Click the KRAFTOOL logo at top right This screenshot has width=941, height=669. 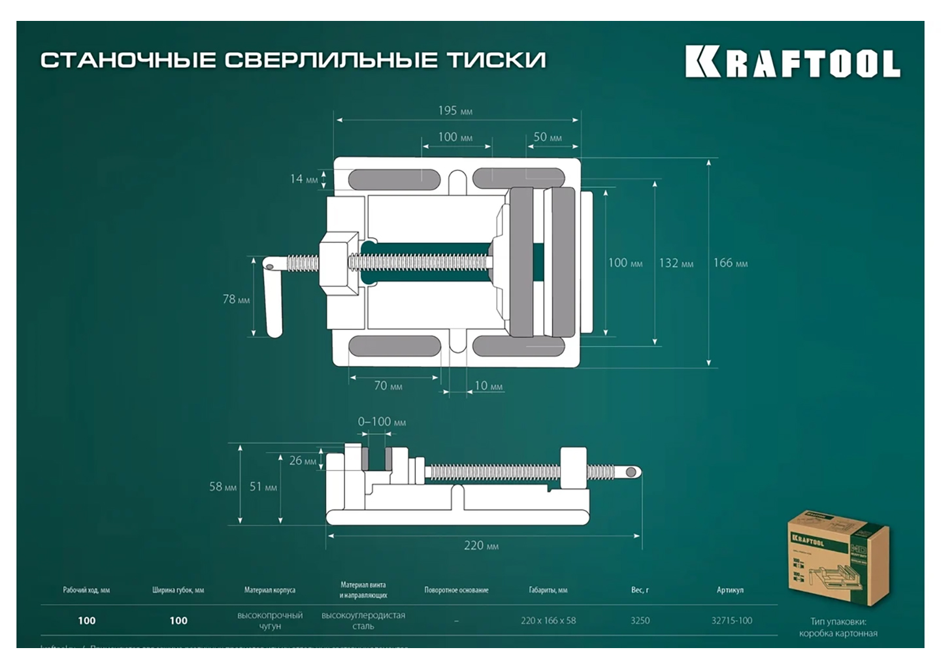click(x=792, y=63)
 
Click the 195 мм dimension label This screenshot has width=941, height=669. click(x=455, y=111)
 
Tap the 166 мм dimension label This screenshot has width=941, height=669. click(x=730, y=263)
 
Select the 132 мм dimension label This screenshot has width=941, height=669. click(x=676, y=263)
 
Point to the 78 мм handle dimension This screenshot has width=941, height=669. click(x=236, y=299)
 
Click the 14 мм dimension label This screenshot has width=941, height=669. click(x=304, y=178)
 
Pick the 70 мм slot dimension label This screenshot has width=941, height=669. click(x=388, y=386)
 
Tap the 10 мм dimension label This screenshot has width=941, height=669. click(x=488, y=386)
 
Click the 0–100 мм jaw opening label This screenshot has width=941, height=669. click(x=382, y=422)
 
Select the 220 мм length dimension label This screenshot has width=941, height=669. click(x=481, y=546)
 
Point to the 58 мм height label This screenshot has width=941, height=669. click(x=223, y=487)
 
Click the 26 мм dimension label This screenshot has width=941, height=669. click(x=303, y=461)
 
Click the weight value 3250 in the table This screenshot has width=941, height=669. click(x=640, y=621)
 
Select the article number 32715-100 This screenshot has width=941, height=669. click(x=731, y=621)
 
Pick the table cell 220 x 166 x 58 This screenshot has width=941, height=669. click(x=548, y=621)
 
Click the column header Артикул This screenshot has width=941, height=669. click(x=730, y=590)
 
